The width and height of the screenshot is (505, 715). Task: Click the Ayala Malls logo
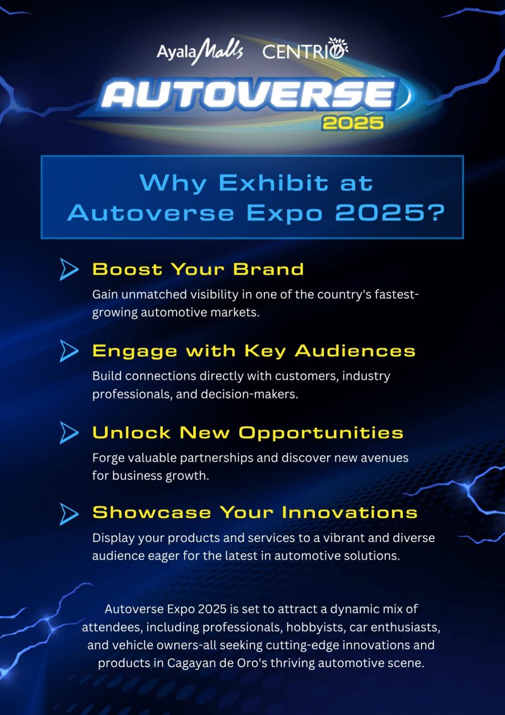[x=199, y=51]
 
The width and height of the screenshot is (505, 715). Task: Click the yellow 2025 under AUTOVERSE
[x=352, y=122]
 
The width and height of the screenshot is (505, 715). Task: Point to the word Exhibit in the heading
[x=273, y=183]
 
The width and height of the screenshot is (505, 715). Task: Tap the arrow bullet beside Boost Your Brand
[x=69, y=270]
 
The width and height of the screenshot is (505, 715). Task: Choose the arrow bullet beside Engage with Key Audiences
[x=69, y=351]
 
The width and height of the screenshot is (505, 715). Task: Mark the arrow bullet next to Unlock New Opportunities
[x=69, y=433]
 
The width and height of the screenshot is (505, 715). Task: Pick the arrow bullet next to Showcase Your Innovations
[x=69, y=513]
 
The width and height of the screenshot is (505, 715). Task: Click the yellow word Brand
[x=268, y=269]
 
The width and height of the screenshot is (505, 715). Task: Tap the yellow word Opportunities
[x=321, y=433]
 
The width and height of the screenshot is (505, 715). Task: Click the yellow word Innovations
[x=350, y=513]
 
